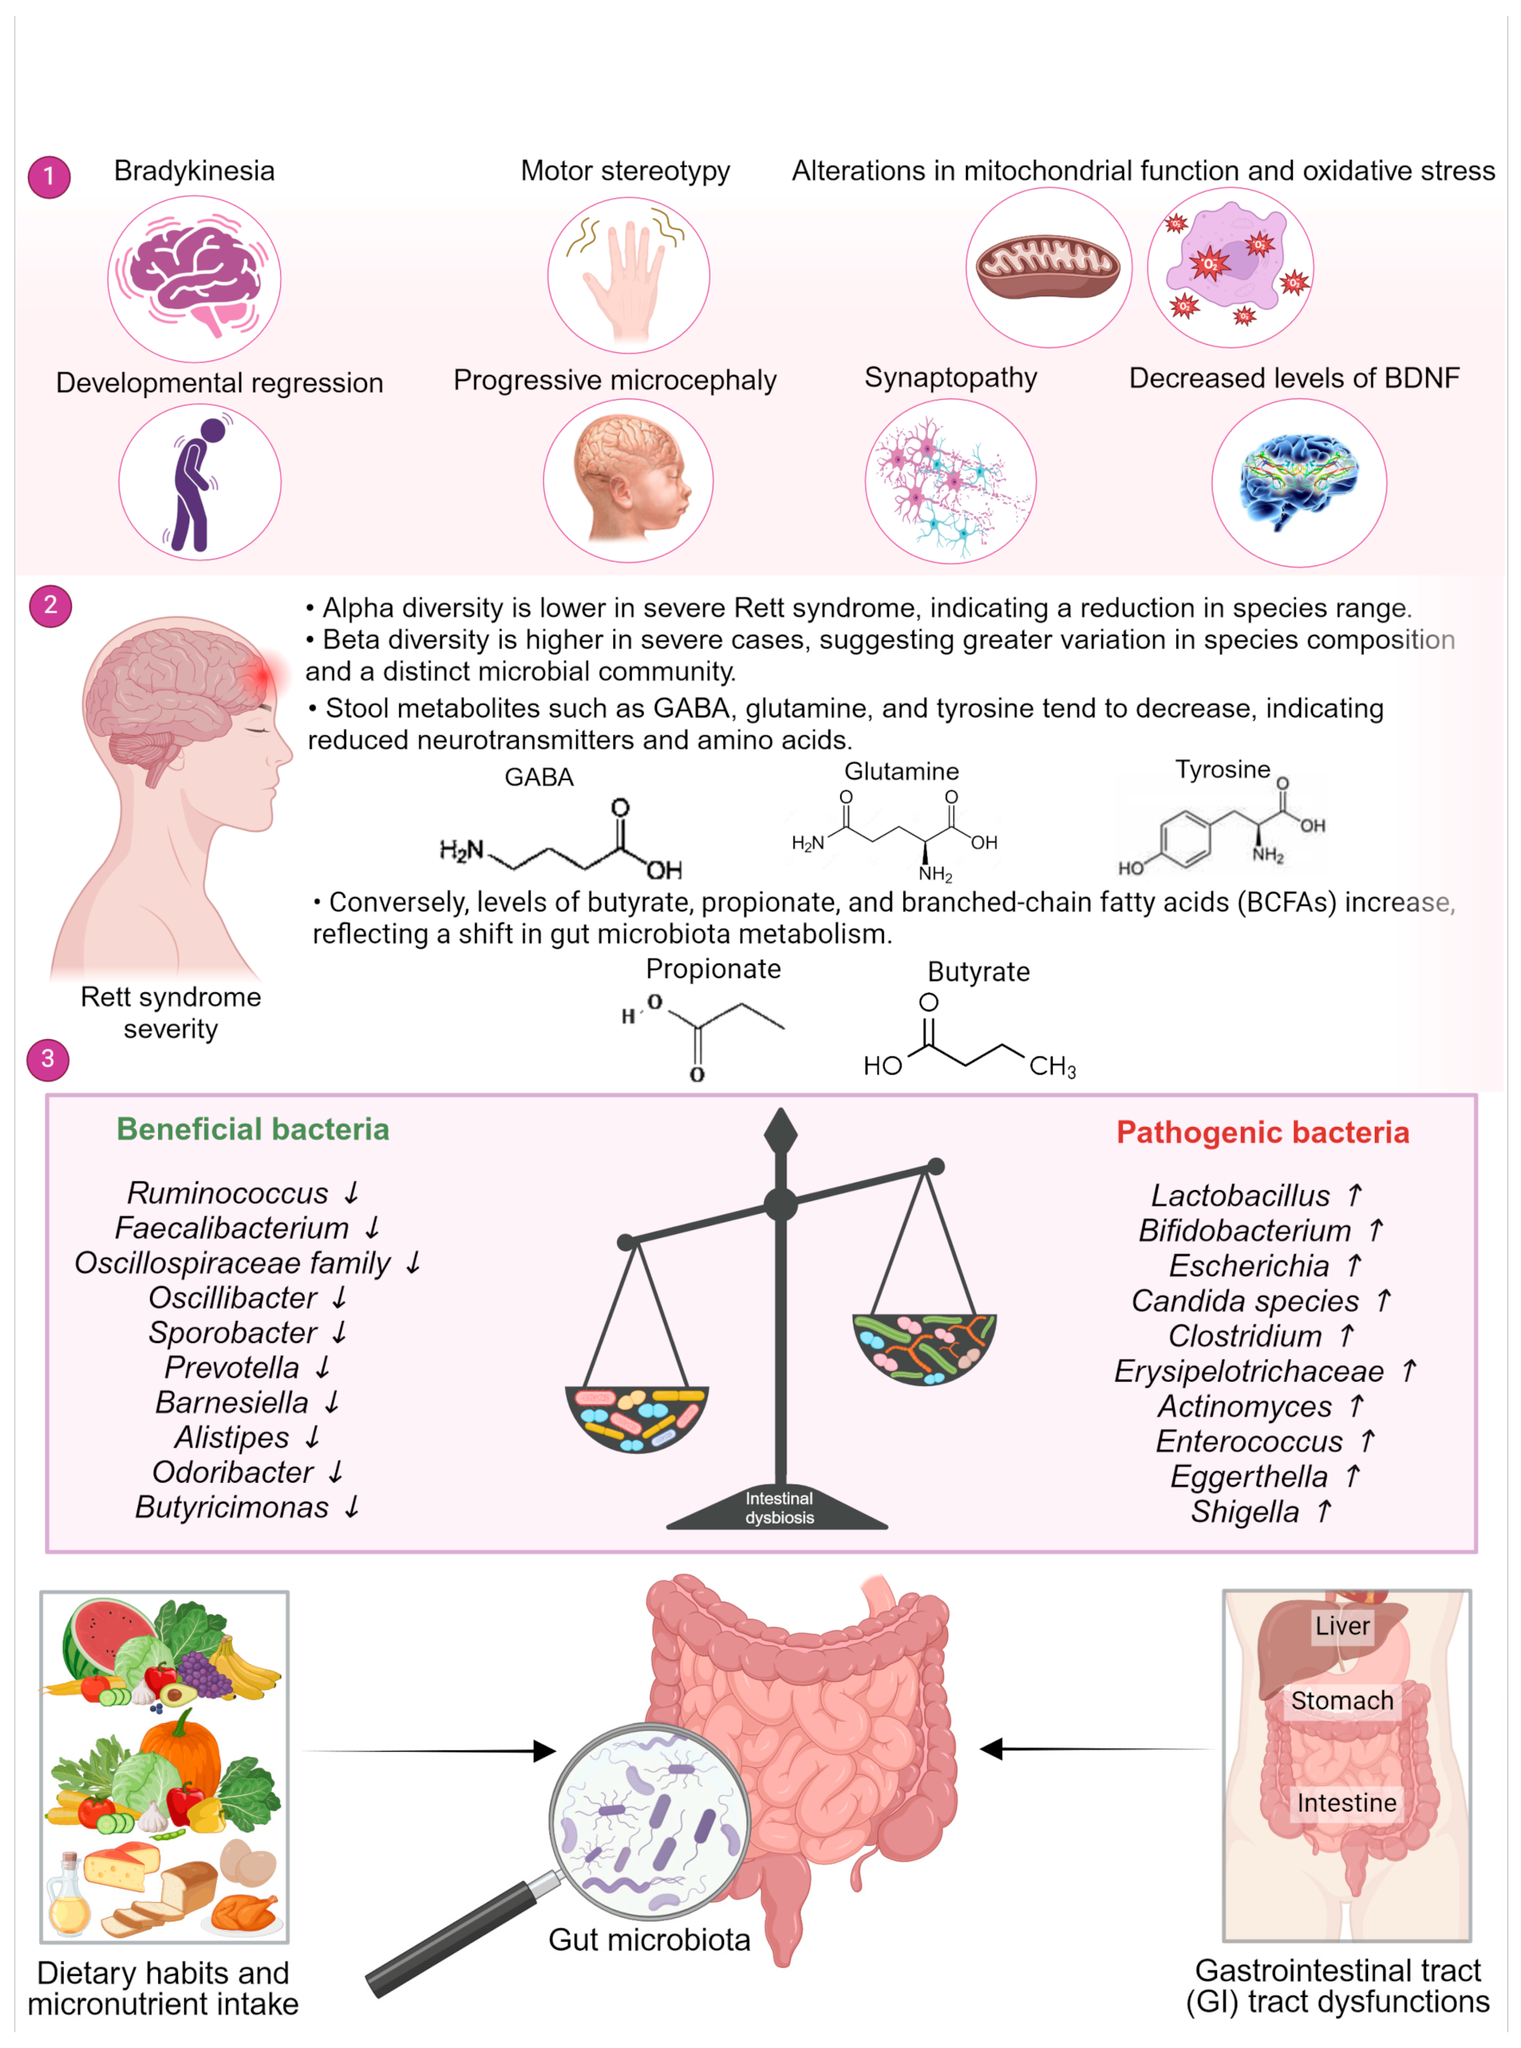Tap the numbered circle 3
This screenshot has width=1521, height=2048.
(48, 1059)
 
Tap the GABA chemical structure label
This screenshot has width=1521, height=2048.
(539, 777)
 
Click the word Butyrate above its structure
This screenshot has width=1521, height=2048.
(978, 972)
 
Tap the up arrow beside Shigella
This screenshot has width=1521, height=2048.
(1323, 1511)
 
